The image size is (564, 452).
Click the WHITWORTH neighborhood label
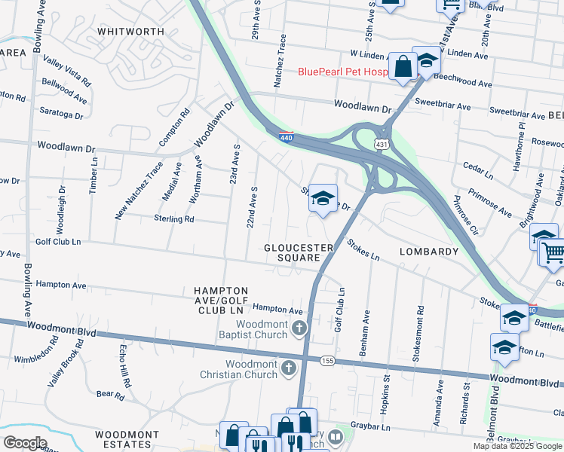pyautogui.click(x=131, y=31)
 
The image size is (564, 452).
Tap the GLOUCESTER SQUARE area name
pyautogui.click(x=299, y=252)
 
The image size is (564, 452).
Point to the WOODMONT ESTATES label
pyautogui.click(x=127, y=440)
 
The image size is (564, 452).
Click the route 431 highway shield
pyautogui.click(x=382, y=143)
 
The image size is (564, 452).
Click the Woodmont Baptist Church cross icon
pyautogui.click(x=300, y=328)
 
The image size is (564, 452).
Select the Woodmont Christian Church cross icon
pyautogui.click(x=288, y=368)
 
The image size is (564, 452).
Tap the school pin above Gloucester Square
pyautogui.click(x=323, y=199)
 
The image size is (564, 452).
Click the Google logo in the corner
pyautogui.click(x=24, y=443)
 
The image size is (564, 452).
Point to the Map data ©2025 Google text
pyautogui.click(x=517, y=446)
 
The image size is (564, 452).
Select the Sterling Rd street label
pyautogui.click(x=174, y=219)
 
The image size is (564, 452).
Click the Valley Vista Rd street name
pyautogui.click(x=67, y=70)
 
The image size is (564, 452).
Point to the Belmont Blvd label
pyautogui.click(x=495, y=411)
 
